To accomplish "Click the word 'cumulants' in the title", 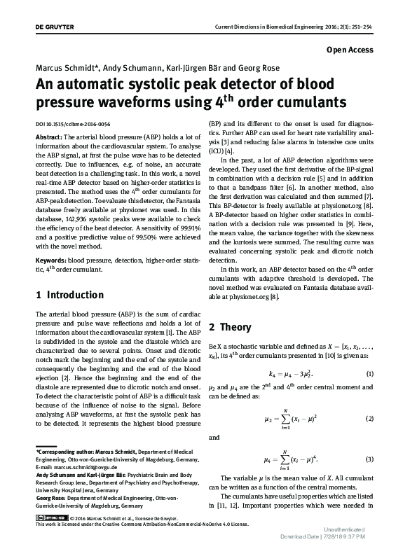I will (x=314, y=104).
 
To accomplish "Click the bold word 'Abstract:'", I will (x=48, y=136).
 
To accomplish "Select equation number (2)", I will (x=370, y=419).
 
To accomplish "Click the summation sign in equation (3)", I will (x=259, y=458).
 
